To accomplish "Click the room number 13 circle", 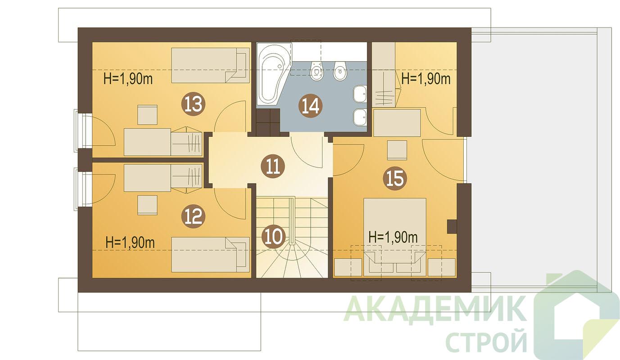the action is tap(193, 104).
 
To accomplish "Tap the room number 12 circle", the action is tap(193, 216).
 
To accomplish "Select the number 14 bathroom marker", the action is tap(310, 106).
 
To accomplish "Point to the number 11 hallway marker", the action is tap(273, 166).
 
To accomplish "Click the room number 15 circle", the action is tap(395, 178).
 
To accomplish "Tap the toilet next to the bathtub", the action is tap(317, 70).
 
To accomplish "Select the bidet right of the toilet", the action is tap(340, 70).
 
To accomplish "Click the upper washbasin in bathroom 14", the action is tap(360, 94).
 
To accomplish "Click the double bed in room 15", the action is tap(395, 237).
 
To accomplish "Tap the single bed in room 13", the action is tap(210, 65).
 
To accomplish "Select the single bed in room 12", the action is tap(210, 254).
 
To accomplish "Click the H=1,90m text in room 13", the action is tap(128, 79).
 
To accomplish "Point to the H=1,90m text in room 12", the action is tap(130, 243).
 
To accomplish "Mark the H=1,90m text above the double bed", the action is tap(393, 237).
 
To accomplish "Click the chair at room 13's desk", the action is tap(148, 115).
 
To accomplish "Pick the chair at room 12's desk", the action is tap(148, 205).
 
